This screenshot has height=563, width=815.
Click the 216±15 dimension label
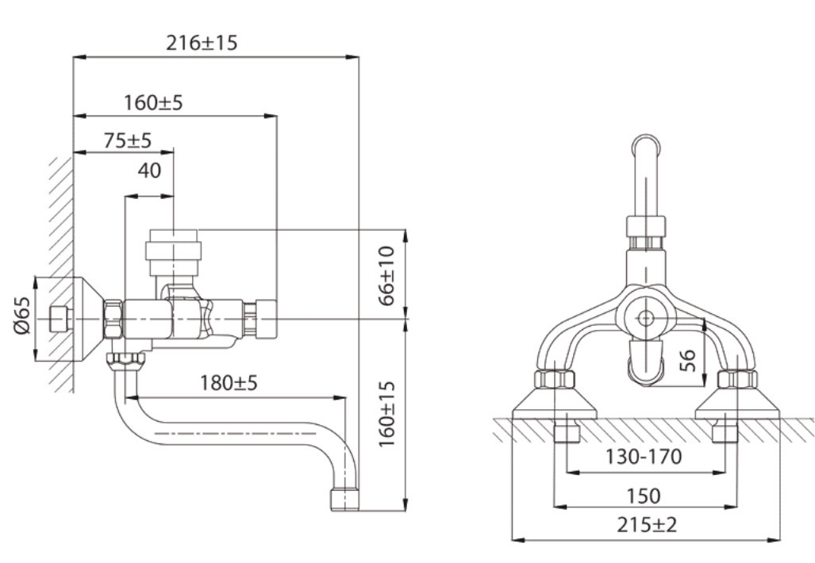point(202,43)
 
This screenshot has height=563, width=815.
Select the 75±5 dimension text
point(127,140)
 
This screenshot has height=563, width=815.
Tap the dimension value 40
point(149,170)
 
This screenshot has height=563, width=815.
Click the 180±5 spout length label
point(229,383)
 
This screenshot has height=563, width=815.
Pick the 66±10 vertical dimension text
point(386,276)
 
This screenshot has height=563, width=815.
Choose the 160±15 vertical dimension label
point(386,414)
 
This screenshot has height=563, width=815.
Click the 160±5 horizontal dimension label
point(153,103)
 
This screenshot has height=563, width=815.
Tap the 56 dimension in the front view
point(687,360)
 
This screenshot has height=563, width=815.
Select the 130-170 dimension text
point(644,457)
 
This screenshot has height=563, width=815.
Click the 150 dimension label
point(644,496)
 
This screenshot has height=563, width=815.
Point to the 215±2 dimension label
point(647,525)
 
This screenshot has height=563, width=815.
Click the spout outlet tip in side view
point(344,500)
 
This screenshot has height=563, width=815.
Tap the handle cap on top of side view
point(173,252)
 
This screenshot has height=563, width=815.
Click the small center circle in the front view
point(645,318)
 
